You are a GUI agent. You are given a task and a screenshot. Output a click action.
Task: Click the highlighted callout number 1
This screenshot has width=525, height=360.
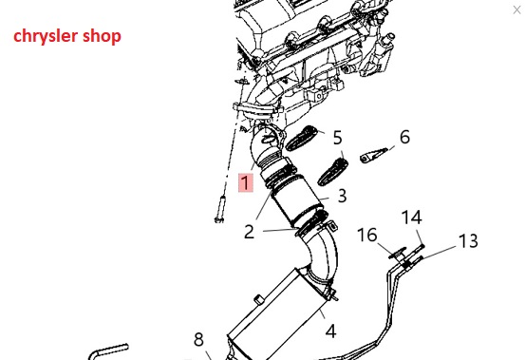246,182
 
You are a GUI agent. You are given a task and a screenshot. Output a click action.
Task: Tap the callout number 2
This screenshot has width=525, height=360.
249,232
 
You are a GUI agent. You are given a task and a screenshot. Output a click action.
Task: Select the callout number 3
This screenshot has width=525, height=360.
342,196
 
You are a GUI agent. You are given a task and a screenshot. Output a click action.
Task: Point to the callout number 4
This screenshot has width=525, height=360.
330,332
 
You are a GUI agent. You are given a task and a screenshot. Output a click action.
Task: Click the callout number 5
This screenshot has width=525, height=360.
338,138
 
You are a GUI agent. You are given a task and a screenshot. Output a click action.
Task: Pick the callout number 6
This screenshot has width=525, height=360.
404,137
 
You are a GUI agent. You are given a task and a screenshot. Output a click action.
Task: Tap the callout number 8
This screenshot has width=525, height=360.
198,339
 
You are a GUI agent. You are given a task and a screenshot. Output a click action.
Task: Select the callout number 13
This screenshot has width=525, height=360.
468,240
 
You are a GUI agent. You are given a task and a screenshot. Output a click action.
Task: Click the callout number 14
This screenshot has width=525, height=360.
411,217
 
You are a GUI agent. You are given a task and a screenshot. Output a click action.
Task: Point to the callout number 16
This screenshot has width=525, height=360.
367,235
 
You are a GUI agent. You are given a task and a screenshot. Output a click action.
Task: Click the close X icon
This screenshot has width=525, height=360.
516,10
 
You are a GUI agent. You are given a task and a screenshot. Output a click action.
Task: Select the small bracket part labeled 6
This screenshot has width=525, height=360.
373,156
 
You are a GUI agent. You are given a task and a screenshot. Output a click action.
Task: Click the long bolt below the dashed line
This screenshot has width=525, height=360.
220,209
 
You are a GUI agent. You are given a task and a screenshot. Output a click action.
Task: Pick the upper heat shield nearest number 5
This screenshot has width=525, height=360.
301,138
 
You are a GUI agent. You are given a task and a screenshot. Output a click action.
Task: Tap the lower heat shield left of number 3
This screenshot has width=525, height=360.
332,172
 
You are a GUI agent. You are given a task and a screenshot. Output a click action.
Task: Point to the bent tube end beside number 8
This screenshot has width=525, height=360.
108,352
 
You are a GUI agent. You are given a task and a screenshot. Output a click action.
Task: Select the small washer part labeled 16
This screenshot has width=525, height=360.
398,253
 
